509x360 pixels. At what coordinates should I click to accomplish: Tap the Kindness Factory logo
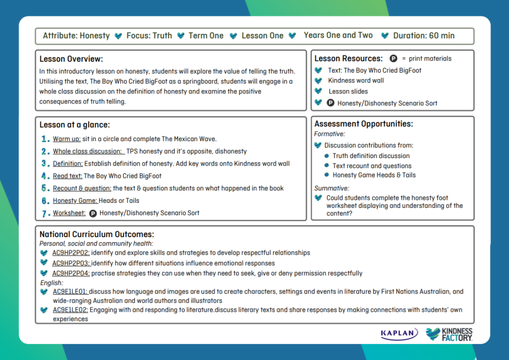click(x=449, y=334)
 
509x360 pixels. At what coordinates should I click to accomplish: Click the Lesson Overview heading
click(x=72, y=59)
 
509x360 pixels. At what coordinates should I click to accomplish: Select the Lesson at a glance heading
click(x=75, y=125)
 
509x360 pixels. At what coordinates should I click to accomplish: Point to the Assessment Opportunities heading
click(x=363, y=124)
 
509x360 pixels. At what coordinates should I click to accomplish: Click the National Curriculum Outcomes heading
click(x=97, y=234)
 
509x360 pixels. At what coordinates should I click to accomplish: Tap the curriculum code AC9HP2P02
click(x=71, y=253)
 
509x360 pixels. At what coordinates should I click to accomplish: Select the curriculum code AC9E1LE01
click(x=71, y=292)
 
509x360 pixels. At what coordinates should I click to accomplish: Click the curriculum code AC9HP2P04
click(x=71, y=273)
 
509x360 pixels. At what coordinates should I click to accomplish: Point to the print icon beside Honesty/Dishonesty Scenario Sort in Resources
click(x=330, y=103)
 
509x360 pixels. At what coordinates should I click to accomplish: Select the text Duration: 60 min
click(x=424, y=36)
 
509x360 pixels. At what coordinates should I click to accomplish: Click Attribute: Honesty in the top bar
click(x=76, y=36)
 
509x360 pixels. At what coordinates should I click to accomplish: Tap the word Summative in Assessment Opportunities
click(x=332, y=188)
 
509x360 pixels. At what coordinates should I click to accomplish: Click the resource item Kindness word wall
click(x=356, y=81)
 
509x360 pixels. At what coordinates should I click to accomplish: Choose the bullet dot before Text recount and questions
click(x=327, y=166)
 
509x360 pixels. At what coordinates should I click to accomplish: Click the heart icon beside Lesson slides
click(x=318, y=91)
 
